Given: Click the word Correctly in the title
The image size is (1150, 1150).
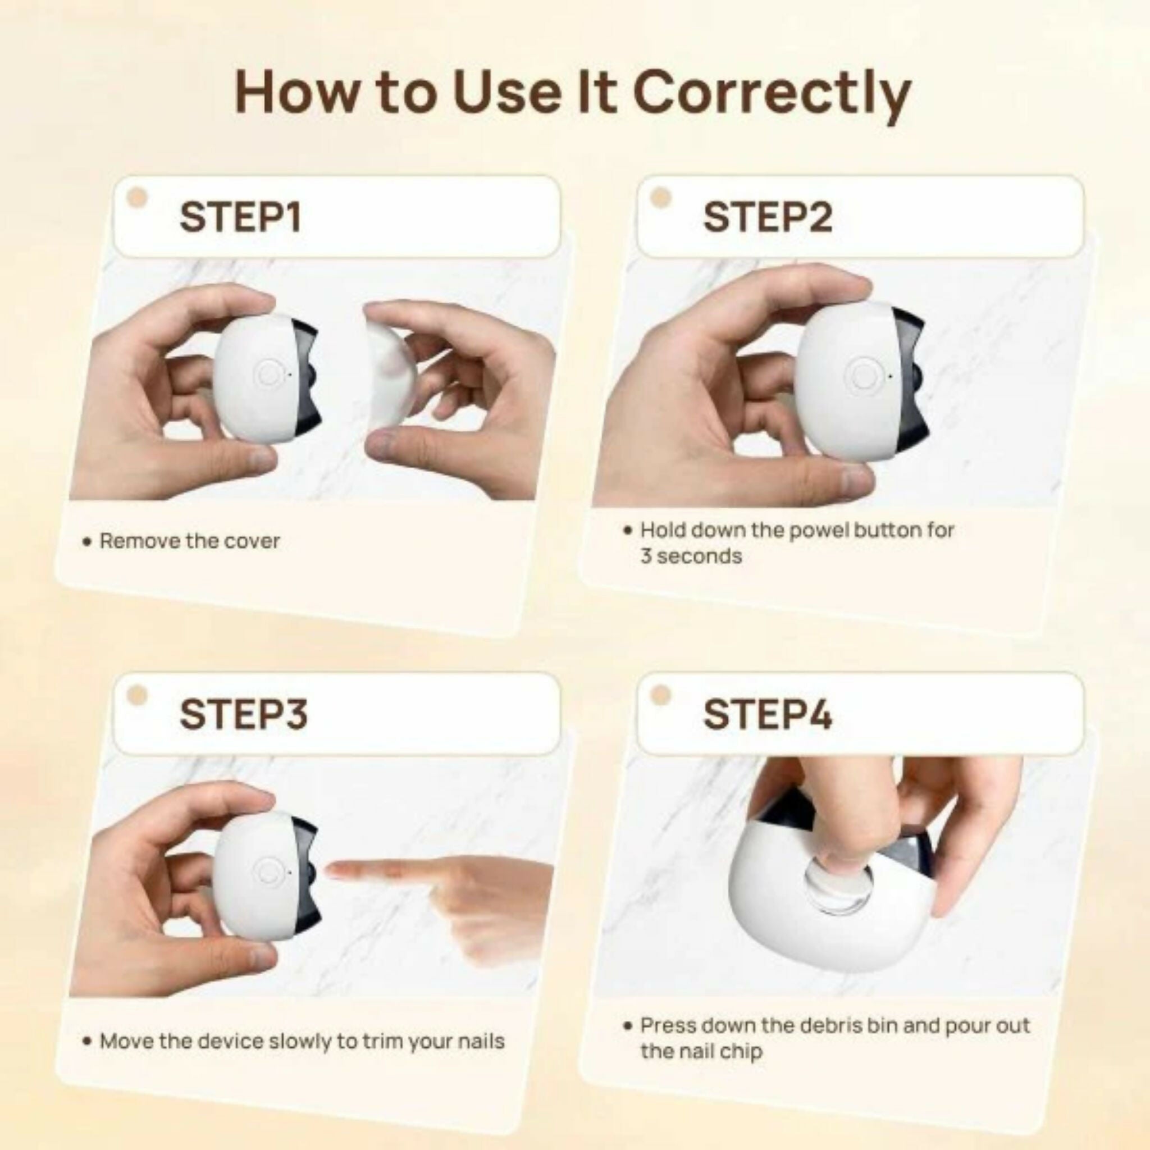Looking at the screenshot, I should coord(772,94).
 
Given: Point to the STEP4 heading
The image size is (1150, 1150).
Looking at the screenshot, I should coord(767,714).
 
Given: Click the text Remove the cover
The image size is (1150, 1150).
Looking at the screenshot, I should coord(189,541).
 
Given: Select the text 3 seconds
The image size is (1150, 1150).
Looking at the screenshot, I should coord(691,556).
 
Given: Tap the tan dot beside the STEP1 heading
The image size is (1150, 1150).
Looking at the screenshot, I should coord(138,198).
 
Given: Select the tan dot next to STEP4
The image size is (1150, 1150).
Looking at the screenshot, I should coord(661,695).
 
